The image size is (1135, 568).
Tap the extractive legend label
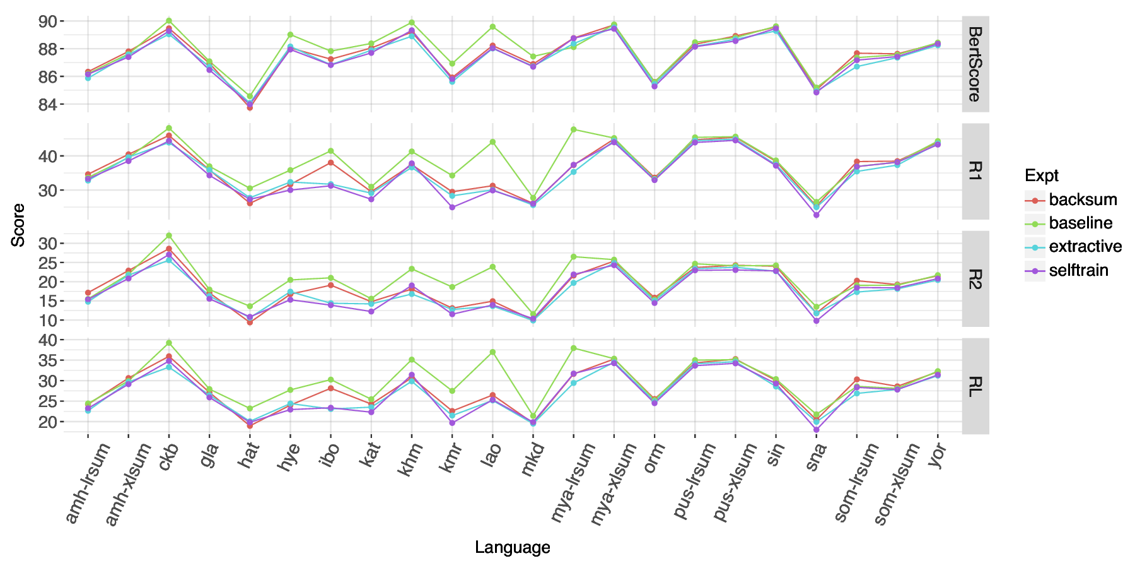[x=1085, y=247]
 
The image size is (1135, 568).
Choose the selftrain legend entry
[x=1078, y=271]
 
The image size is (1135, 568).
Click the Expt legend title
[x=1042, y=175]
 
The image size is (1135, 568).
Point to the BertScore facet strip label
[x=975, y=64]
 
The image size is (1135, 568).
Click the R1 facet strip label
[x=975, y=171]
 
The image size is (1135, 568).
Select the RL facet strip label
[x=975, y=386]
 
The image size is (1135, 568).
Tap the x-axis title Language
[x=512, y=547]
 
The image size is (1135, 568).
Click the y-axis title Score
[x=19, y=225]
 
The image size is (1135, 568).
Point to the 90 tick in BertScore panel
[x=48, y=21]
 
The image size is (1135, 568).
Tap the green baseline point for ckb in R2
[x=168, y=235]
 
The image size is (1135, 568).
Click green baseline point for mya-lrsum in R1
[x=574, y=129]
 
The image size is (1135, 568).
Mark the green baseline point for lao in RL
[x=492, y=352]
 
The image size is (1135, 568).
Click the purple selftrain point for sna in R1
[x=817, y=215]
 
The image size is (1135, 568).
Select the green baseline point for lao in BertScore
[x=492, y=27]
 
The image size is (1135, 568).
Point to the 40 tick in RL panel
[x=48, y=340]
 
